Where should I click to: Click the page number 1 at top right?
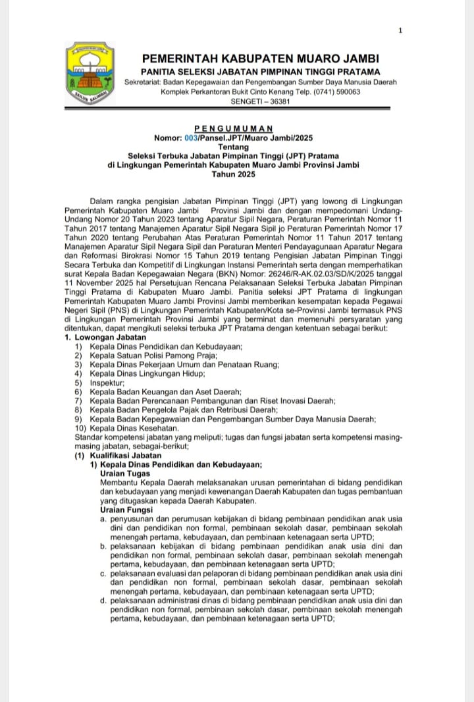tap(400, 30)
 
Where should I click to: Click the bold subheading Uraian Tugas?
tap(124, 473)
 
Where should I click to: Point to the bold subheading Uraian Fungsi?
tap(126, 510)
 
